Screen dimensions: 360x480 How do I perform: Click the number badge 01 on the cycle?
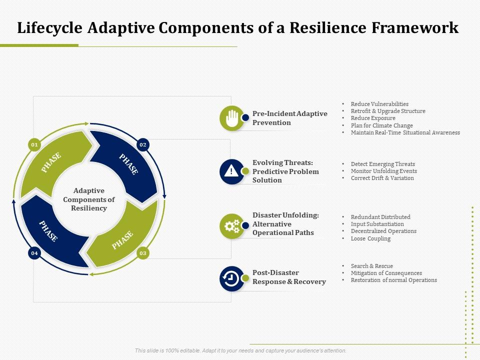(x=34, y=145)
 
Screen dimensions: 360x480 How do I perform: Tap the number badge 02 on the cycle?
(x=143, y=145)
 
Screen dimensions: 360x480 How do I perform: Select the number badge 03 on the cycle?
(x=143, y=253)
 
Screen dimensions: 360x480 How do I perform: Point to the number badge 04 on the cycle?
(x=34, y=253)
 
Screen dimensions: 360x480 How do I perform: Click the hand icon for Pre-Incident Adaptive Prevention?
(x=231, y=118)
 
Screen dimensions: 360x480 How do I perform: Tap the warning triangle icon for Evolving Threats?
(x=231, y=171)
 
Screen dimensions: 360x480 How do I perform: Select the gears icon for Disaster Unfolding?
(x=231, y=226)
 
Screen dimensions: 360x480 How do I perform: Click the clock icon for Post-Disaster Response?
(x=231, y=278)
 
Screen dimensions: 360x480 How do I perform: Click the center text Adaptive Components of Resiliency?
(x=89, y=199)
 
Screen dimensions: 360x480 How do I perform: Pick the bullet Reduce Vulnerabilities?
(x=379, y=104)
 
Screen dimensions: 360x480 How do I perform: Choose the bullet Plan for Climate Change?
(x=381, y=125)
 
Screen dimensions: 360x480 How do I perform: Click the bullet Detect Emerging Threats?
(x=382, y=164)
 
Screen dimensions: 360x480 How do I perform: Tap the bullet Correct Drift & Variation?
(x=382, y=178)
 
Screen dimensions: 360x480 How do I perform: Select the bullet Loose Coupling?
(x=370, y=238)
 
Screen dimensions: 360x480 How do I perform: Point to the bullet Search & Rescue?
(x=371, y=266)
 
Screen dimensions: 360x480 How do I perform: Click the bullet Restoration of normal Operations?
(x=393, y=280)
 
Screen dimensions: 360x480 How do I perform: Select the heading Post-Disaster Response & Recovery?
(x=289, y=277)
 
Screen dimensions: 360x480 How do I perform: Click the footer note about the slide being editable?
(x=240, y=351)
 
